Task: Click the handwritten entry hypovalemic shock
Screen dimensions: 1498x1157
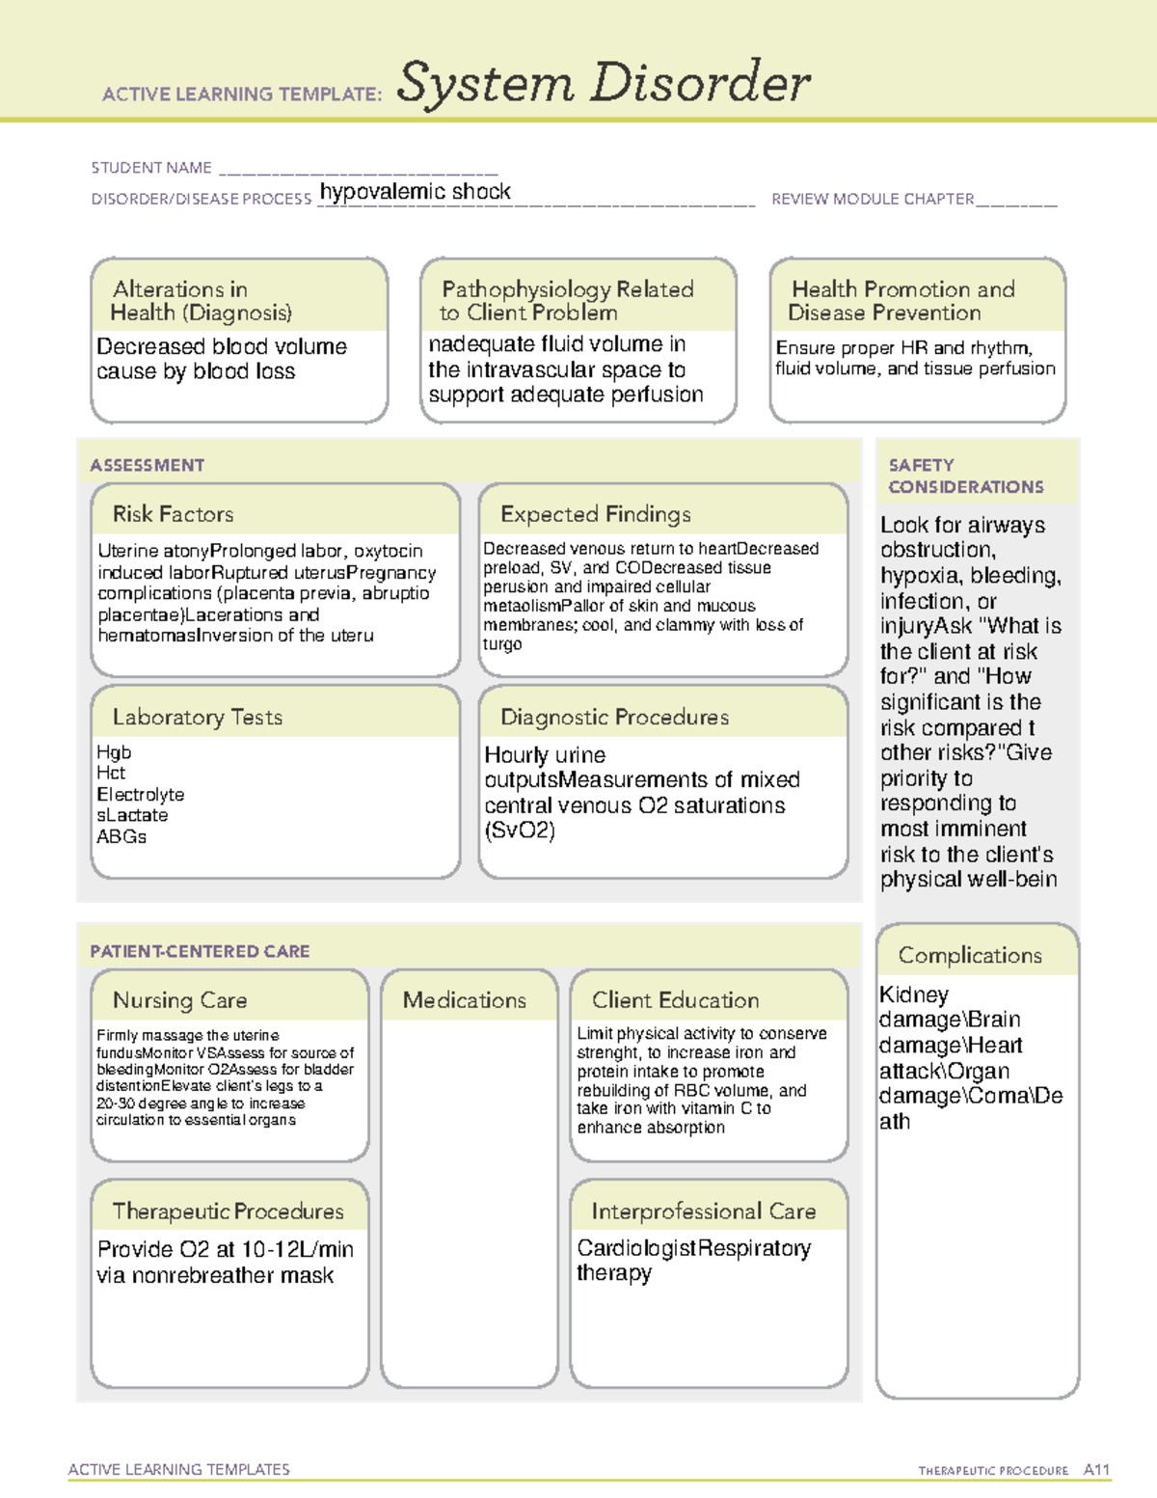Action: (x=415, y=191)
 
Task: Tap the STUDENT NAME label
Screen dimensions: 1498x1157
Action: (x=151, y=168)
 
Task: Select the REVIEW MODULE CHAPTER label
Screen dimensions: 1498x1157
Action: (x=873, y=199)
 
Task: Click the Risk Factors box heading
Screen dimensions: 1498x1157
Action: (x=173, y=514)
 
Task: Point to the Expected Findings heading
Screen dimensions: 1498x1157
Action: (x=595, y=514)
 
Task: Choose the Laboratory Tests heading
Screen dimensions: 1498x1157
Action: (x=197, y=717)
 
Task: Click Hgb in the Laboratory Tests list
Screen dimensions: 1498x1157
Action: (x=114, y=752)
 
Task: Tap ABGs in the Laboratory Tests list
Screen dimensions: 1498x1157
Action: (x=121, y=836)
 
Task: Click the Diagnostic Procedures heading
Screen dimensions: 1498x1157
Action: (x=614, y=717)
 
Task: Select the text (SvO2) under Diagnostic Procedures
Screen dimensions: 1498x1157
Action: (x=520, y=831)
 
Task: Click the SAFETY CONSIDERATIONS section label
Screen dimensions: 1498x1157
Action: (x=965, y=476)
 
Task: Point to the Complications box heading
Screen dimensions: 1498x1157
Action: (x=970, y=955)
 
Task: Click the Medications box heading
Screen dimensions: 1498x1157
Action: (x=465, y=1000)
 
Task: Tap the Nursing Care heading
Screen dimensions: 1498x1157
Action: (x=179, y=1000)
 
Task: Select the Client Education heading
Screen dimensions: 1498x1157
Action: (x=675, y=1000)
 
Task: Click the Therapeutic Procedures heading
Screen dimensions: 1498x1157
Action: (x=228, y=1211)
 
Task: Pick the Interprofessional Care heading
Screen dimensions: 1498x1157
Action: (x=703, y=1211)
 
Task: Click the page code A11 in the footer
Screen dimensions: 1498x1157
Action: (x=1096, y=1469)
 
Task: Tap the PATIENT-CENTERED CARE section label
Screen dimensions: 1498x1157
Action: (x=200, y=951)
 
